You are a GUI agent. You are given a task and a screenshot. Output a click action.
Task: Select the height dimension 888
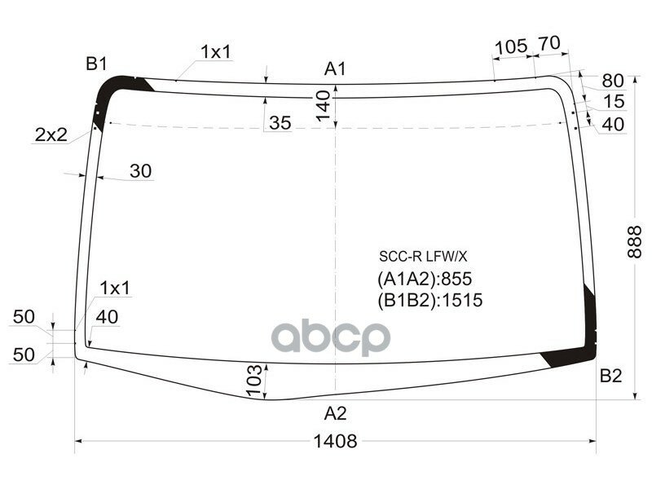[635, 241]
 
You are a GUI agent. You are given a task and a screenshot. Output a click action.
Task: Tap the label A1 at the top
[335, 69]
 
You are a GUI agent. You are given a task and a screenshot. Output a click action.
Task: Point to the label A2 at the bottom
[335, 413]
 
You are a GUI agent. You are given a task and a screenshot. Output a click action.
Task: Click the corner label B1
[97, 63]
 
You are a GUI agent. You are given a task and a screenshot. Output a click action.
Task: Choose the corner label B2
[610, 376]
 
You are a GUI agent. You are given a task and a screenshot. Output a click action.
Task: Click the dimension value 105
[511, 46]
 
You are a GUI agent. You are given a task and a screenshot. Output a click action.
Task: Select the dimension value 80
[612, 81]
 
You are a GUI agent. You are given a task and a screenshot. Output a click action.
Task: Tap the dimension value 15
[614, 102]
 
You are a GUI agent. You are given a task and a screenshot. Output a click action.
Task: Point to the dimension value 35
[280, 123]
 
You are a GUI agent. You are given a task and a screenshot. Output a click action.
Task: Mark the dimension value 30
[140, 171]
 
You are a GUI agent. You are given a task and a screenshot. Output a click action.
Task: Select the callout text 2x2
[51, 135]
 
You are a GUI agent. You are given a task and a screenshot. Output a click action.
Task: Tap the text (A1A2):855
[425, 279]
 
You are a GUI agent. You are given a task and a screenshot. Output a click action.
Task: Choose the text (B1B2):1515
[430, 300]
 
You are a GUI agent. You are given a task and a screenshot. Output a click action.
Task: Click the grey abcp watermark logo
[330, 337]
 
